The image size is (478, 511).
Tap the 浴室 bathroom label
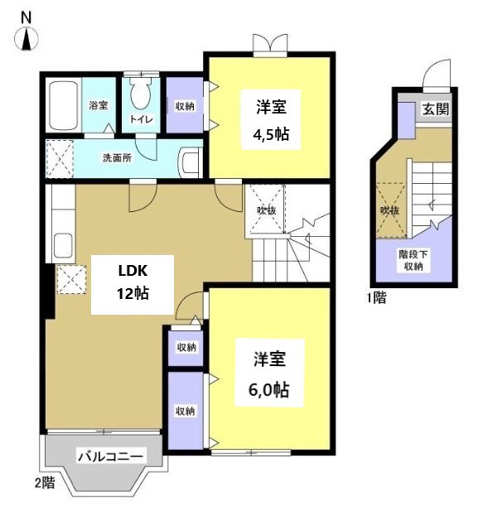99,105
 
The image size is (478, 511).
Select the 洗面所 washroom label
117,157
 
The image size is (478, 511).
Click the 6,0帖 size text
270,390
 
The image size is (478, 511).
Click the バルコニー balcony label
111,456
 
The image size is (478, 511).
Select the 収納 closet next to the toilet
184,105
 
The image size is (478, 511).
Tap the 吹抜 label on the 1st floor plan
389,211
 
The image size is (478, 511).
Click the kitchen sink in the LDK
62,246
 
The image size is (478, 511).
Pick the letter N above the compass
27,17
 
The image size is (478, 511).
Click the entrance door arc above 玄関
437,76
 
